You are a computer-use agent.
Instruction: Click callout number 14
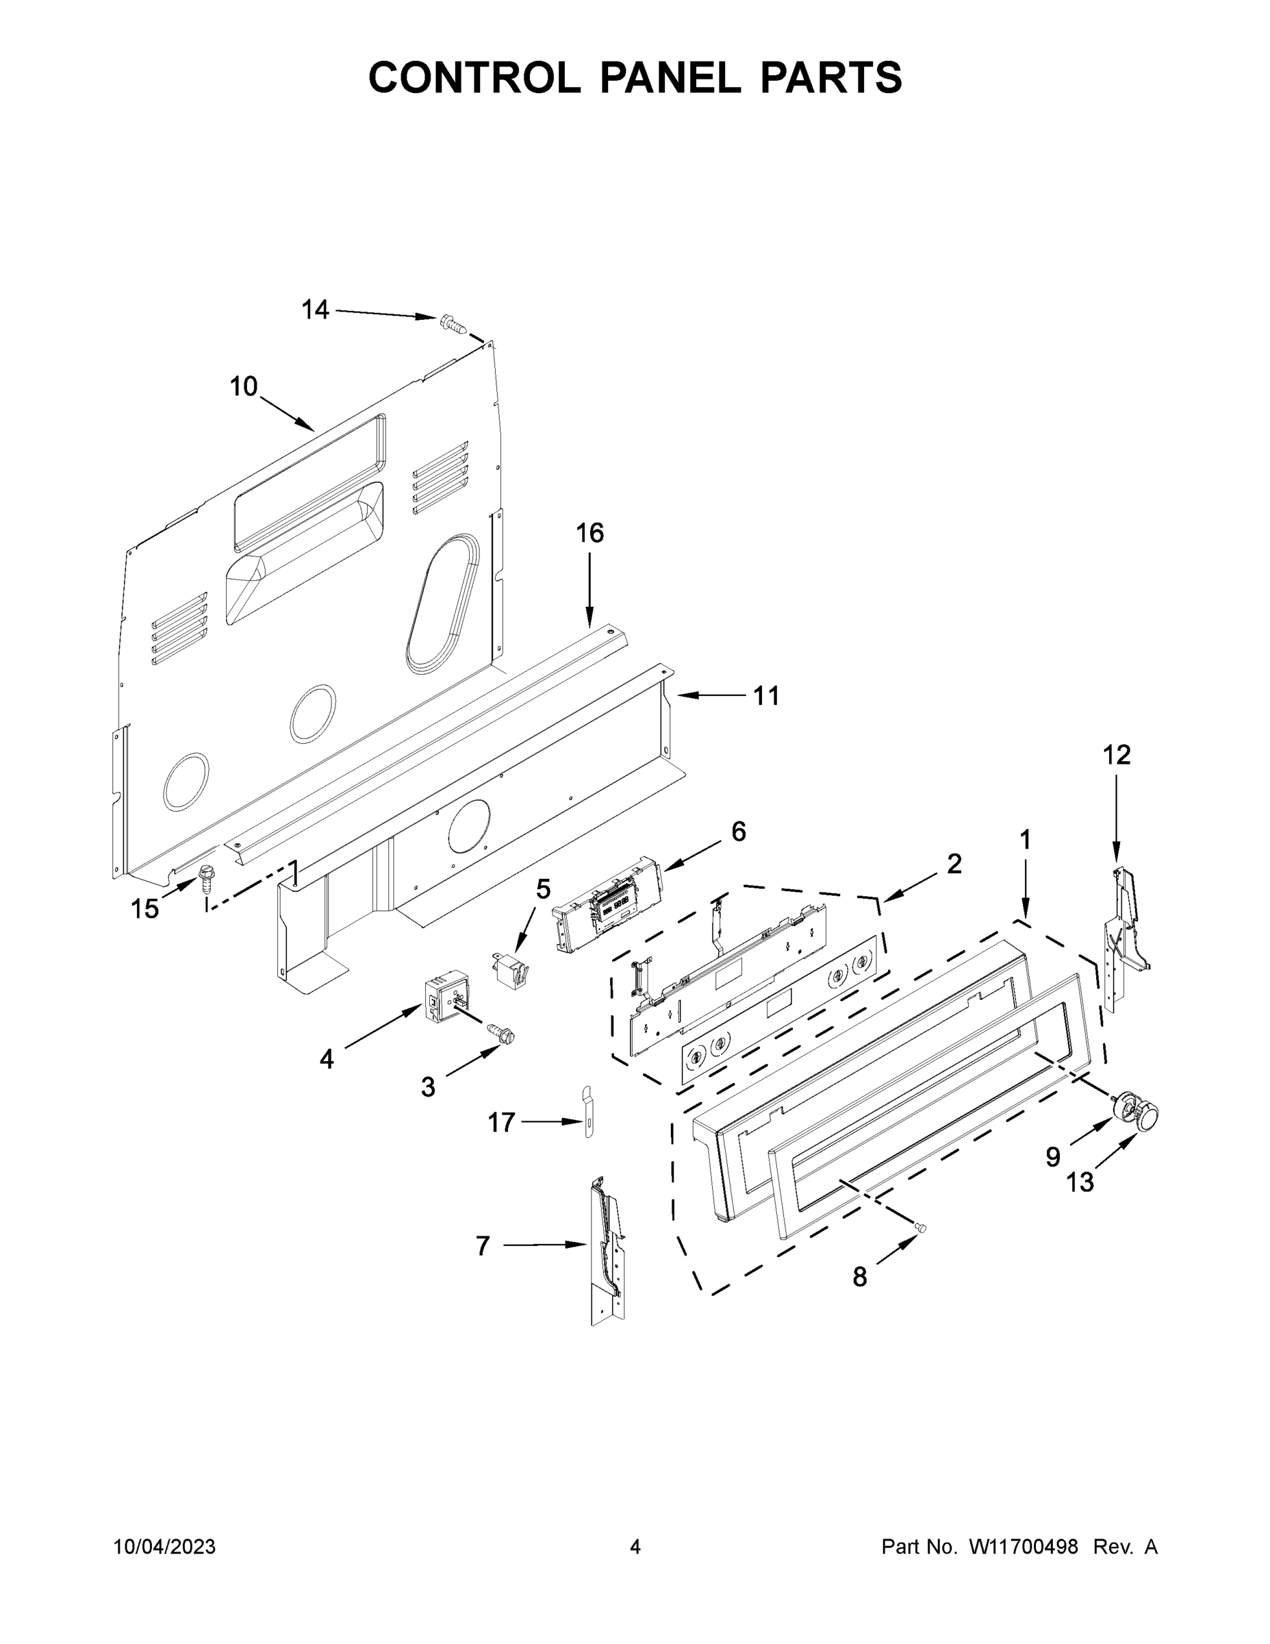click(x=315, y=310)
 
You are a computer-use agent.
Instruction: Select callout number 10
click(x=243, y=386)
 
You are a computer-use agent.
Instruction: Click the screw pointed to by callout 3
click(x=503, y=1034)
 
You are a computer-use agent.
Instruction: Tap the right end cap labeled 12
click(x=1124, y=934)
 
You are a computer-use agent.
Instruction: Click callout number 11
click(x=766, y=696)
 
